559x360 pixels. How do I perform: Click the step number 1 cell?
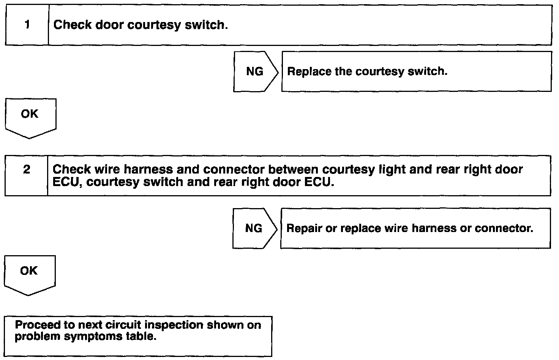(x=27, y=25)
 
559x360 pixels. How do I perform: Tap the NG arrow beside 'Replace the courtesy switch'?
(x=255, y=71)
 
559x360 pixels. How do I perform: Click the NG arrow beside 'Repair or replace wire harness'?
(x=254, y=228)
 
